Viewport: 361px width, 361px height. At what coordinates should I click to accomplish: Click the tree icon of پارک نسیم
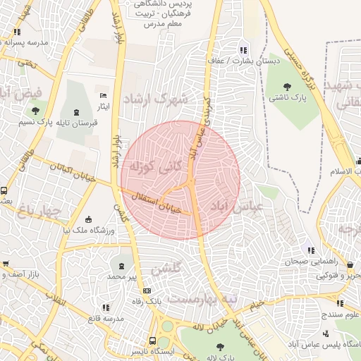tap(35, 111)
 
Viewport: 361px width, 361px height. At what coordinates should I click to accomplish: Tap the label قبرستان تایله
tap(75, 123)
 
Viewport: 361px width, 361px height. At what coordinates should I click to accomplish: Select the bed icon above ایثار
tap(104, 95)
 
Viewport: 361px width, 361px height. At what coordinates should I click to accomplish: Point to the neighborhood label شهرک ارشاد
tap(156, 99)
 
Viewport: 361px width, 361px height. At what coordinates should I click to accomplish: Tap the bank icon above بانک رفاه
tap(147, 290)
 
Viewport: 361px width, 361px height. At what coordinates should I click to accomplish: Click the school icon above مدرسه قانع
tap(106, 307)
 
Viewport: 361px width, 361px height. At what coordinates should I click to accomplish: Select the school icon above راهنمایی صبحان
tap(310, 250)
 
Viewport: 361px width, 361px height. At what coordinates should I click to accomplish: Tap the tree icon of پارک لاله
tap(220, 346)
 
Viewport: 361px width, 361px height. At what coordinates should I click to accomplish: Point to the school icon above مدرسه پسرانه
tap(17, 32)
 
